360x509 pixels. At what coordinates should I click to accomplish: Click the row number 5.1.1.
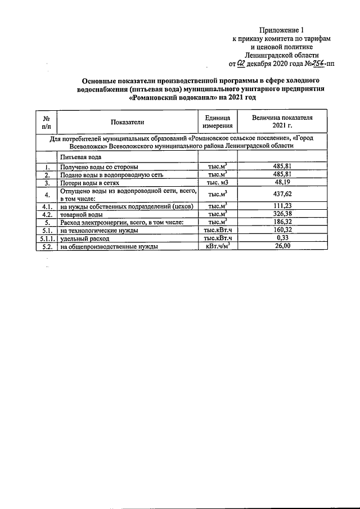coord(47,238)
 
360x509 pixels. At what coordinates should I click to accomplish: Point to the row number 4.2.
coord(47,215)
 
